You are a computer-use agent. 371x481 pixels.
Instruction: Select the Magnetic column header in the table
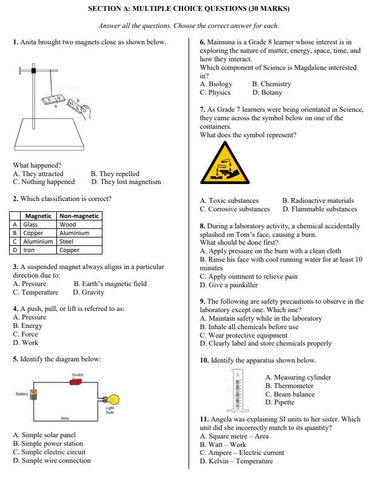pyautogui.click(x=38, y=216)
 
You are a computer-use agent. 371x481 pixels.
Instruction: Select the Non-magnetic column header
pyautogui.click(x=79, y=216)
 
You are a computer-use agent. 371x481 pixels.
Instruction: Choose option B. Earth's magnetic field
pyautogui.click(x=110, y=284)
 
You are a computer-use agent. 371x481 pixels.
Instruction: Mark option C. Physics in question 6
pyautogui.click(x=215, y=93)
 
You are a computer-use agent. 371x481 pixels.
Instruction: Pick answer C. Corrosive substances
pyautogui.click(x=235, y=209)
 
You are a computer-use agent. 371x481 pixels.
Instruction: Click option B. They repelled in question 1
pyautogui.click(x=115, y=173)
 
